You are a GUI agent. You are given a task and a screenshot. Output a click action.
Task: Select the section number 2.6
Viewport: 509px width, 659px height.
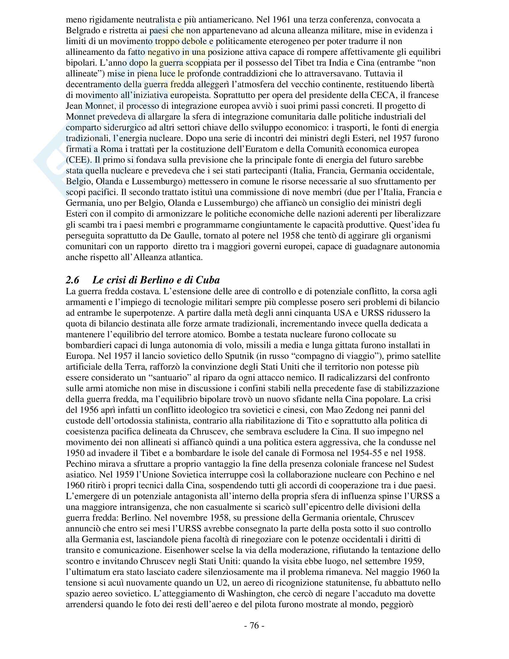pos(72,280)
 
